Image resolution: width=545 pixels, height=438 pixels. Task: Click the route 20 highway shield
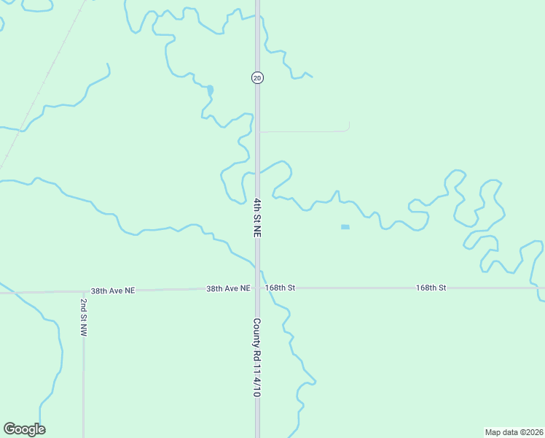tap(257, 77)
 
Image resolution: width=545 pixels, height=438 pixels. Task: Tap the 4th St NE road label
tap(257, 217)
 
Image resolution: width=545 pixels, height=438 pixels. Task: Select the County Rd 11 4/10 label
tap(257, 357)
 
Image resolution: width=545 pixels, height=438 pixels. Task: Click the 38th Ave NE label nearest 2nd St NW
tap(113, 291)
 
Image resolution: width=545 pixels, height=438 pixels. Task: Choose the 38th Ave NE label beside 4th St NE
tap(228, 288)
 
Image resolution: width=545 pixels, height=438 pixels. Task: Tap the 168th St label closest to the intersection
tap(280, 288)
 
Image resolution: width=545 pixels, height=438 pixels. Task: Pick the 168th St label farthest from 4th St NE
tap(431, 288)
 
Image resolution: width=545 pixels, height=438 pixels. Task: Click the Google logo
tap(24, 429)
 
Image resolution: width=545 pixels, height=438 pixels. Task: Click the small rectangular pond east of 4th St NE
tap(345, 227)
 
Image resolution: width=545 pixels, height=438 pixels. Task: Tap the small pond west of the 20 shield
tap(210, 91)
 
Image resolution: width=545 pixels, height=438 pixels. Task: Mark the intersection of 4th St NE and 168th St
tap(257, 288)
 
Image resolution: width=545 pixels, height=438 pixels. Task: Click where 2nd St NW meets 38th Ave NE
tap(84, 291)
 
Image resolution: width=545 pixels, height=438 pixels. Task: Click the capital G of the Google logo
tap(9, 429)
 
